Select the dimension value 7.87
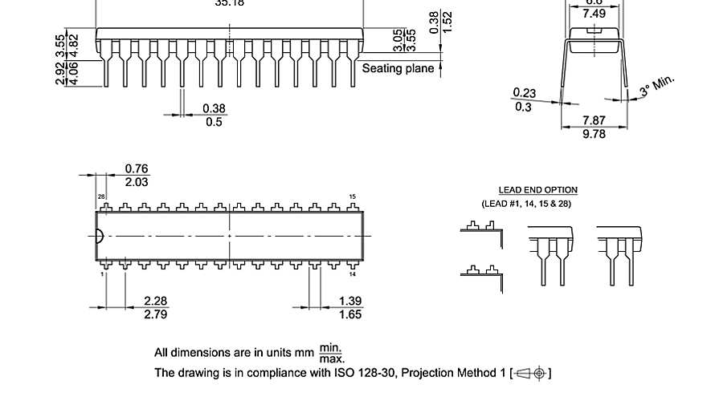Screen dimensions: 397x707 point(594,121)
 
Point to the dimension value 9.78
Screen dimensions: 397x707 point(594,134)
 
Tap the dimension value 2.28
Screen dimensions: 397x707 point(155,301)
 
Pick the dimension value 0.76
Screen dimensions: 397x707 point(137,168)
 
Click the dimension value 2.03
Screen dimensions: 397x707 point(137,182)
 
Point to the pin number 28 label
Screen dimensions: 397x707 point(101,196)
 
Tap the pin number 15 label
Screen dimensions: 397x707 point(352,196)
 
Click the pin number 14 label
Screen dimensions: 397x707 point(352,274)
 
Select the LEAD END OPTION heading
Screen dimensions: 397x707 point(537,190)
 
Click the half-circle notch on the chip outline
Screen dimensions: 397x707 point(99,236)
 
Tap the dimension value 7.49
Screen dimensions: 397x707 point(594,14)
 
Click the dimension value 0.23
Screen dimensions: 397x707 point(524,93)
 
